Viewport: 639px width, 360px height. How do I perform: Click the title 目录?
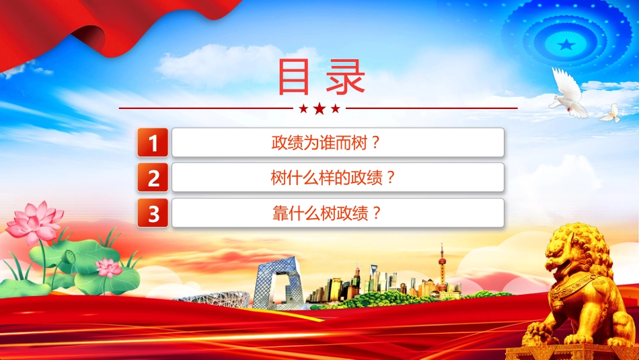tap(321, 77)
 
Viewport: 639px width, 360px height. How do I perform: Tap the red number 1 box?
tap(153, 142)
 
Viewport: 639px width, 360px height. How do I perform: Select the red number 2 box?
tap(153, 178)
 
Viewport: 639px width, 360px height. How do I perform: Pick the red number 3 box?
tap(153, 213)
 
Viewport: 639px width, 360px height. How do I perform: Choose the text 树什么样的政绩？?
tap(333, 178)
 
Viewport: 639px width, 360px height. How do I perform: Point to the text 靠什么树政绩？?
tap(327, 213)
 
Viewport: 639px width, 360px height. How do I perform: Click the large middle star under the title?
tap(319, 108)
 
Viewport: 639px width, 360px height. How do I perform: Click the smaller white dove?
tap(610, 114)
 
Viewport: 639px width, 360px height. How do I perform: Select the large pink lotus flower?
tap(34, 222)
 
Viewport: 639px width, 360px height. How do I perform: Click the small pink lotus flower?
tap(108, 267)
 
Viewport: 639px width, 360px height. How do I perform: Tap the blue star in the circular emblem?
tap(566, 44)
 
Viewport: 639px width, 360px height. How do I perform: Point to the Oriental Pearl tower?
tap(442, 269)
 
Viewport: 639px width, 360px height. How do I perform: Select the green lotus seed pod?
tap(70, 257)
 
